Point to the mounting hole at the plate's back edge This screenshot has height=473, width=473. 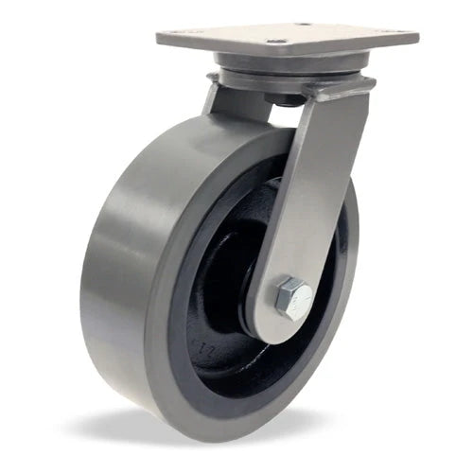click(304, 25)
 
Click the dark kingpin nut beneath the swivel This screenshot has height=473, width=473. click(284, 97)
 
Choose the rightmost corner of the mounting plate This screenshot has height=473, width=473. click(417, 36)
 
